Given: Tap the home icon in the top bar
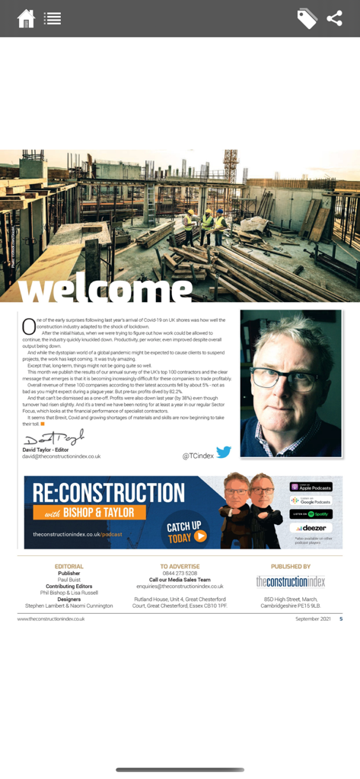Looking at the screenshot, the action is click(26, 18).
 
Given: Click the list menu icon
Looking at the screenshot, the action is click(53, 18).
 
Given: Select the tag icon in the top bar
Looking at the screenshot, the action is click(307, 18).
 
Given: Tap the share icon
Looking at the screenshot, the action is click(335, 18).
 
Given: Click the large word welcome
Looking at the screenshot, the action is click(105, 288).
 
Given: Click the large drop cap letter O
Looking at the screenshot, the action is click(29, 326).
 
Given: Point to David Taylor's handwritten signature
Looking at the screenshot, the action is click(53, 439).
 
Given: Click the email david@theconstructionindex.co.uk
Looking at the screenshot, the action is click(61, 456).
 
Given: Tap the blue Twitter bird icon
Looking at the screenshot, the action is click(224, 453).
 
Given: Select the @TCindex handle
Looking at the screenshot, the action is click(198, 456).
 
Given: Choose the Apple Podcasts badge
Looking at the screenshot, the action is click(311, 487).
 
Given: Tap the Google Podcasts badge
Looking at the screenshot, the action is click(311, 501).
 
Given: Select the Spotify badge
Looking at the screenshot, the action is click(311, 514).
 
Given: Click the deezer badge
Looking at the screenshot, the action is click(311, 528).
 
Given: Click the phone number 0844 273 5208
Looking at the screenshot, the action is click(180, 574).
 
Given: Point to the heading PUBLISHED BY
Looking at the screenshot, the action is click(291, 567).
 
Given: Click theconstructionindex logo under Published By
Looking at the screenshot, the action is click(290, 582).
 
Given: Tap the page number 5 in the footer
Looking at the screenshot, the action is click(341, 619).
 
